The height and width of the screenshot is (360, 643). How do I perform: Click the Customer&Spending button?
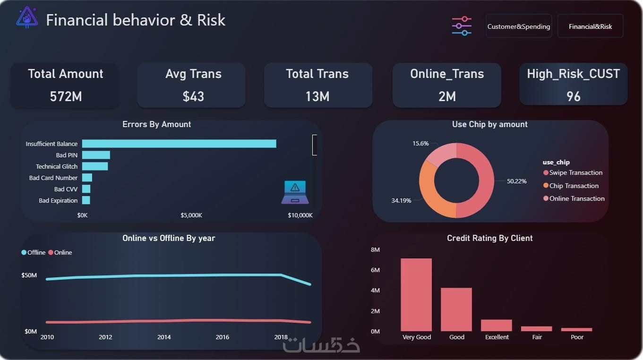(x=518, y=26)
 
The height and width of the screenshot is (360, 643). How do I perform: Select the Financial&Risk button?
(x=590, y=26)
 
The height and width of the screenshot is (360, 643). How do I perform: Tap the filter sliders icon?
(x=462, y=26)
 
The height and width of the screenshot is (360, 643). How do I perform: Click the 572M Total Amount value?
(x=66, y=96)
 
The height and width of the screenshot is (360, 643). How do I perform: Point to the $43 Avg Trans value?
(x=193, y=96)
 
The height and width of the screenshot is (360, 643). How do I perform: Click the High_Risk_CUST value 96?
(x=573, y=96)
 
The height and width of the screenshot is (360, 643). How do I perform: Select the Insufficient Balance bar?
(x=179, y=144)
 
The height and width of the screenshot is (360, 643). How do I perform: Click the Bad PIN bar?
(x=96, y=155)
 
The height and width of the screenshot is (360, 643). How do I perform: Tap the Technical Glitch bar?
(x=95, y=166)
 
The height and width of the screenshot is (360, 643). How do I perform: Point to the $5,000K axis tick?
(x=191, y=215)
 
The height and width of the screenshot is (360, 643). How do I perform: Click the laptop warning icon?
(x=295, y=192)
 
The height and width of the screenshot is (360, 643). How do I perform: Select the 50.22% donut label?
(x=516, y=181)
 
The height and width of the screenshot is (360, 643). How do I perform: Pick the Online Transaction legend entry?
(x=576, y=198)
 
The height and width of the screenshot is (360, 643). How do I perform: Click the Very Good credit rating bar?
(x=416, y=295)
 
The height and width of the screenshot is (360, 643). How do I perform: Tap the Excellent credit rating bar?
(x=497, y=325)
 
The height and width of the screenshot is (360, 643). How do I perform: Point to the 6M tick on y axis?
(x=375, y=270)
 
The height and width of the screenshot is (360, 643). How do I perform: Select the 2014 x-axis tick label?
(x=164, y=337)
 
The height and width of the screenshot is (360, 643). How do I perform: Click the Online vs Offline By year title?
(x=169, y=238)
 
